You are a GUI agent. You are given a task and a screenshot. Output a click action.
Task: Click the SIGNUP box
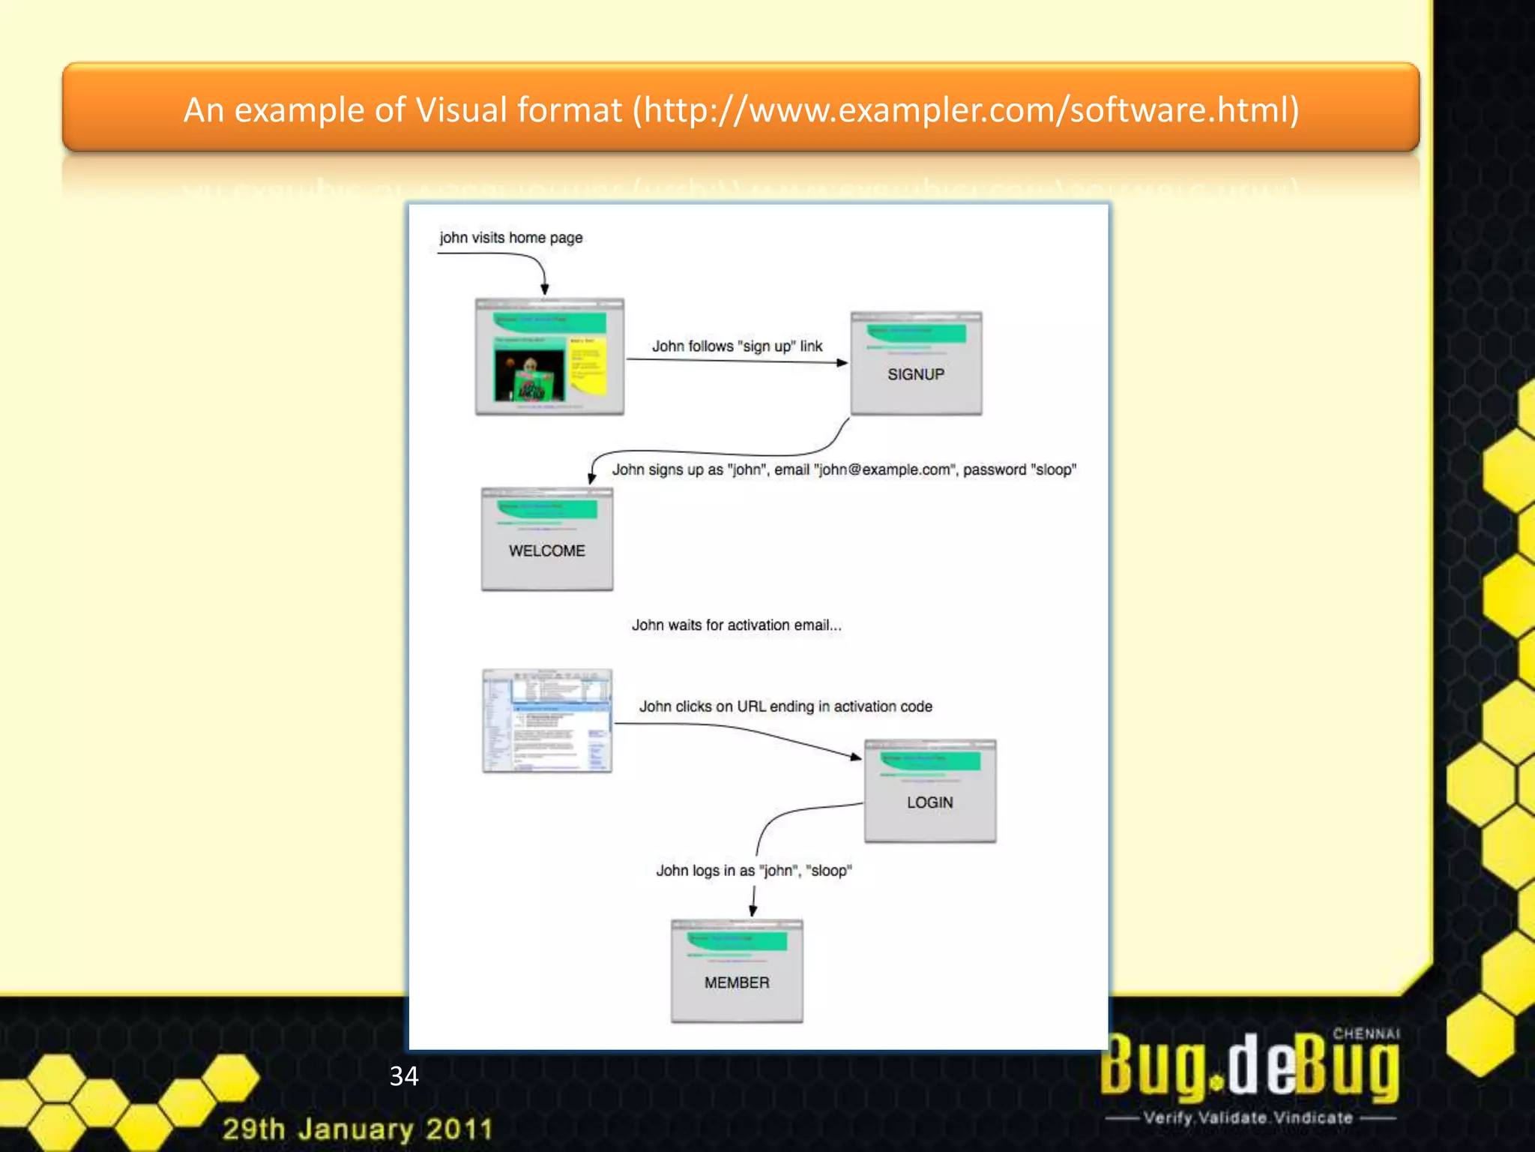point(916,364)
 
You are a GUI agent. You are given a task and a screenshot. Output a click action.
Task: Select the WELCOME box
point(547,539)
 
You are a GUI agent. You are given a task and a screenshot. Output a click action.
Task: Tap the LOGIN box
point(930,791)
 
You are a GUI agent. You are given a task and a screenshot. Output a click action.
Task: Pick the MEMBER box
point(737,971)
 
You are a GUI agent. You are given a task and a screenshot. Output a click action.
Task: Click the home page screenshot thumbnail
point(549,357)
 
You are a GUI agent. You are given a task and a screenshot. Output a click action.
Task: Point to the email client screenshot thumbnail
point(547,721)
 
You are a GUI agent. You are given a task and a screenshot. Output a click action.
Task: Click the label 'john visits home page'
point(510,238)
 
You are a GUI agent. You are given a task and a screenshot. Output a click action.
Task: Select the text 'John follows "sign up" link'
point(737,346)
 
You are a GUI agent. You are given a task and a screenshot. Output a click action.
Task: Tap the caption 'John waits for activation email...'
point(736,625)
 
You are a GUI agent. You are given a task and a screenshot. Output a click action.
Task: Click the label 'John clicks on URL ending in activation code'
point(785,706)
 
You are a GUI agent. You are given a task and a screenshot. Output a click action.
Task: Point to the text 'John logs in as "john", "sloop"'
point(754,871)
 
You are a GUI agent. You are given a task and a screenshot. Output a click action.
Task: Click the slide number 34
point(404,1076)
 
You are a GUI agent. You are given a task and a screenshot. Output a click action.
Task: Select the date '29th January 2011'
point(358,1129)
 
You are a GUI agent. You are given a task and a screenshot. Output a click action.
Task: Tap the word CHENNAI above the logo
point(1366,1033)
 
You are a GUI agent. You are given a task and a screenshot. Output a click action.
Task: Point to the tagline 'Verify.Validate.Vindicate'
point(1249,1117)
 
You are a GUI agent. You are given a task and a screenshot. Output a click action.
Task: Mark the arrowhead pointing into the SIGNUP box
point(842,363)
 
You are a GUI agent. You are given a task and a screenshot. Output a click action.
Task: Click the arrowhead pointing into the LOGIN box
point(856,757)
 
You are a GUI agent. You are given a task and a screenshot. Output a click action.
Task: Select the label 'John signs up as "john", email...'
point(844,470)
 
